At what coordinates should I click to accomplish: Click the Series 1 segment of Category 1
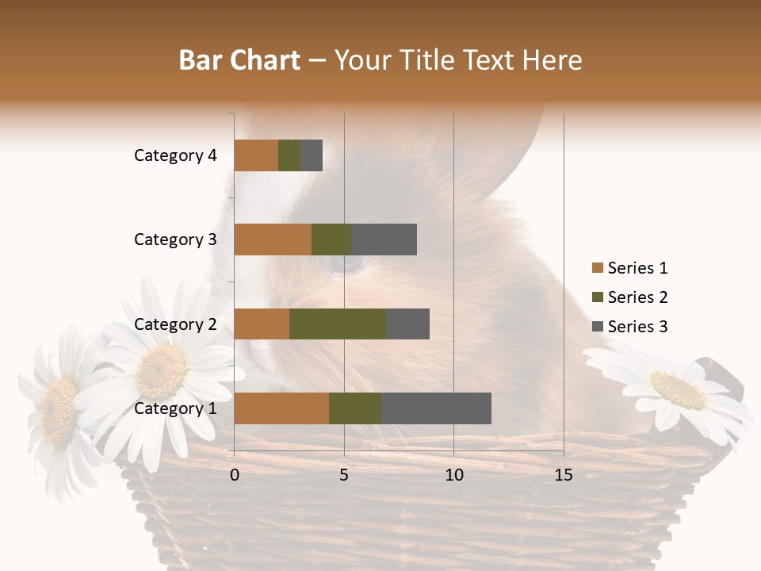(281, 408)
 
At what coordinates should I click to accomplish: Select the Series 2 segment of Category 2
(338, 324)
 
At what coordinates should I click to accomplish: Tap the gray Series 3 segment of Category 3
(384, 240)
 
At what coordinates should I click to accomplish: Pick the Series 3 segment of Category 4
(312, 155)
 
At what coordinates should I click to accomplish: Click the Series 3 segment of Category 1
(436, 408)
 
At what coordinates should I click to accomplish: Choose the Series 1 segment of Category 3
(273, 240)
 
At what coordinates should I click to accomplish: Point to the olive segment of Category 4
(289, 155)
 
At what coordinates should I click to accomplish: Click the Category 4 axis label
(175, 155)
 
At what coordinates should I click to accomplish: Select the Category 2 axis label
(175, 324)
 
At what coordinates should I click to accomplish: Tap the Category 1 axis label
(175, 408)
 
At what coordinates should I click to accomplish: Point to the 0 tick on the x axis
(235, 475)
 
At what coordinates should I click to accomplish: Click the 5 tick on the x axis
(344, 475)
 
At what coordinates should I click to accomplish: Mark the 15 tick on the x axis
(564, 475)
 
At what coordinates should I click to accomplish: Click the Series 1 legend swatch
(597, 268)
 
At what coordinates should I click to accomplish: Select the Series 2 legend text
(637, 297)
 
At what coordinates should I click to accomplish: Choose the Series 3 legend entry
(630, 327)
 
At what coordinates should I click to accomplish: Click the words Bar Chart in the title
(239, 59)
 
